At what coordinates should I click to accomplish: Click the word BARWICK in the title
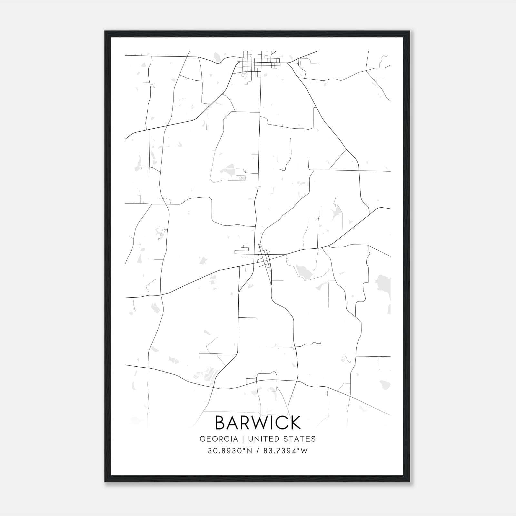(258, 423)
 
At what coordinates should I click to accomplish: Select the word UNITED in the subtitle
(264, 439)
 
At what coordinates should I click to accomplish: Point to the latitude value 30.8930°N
(229, 451)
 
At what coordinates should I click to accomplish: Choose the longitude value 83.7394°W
(285, 451)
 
